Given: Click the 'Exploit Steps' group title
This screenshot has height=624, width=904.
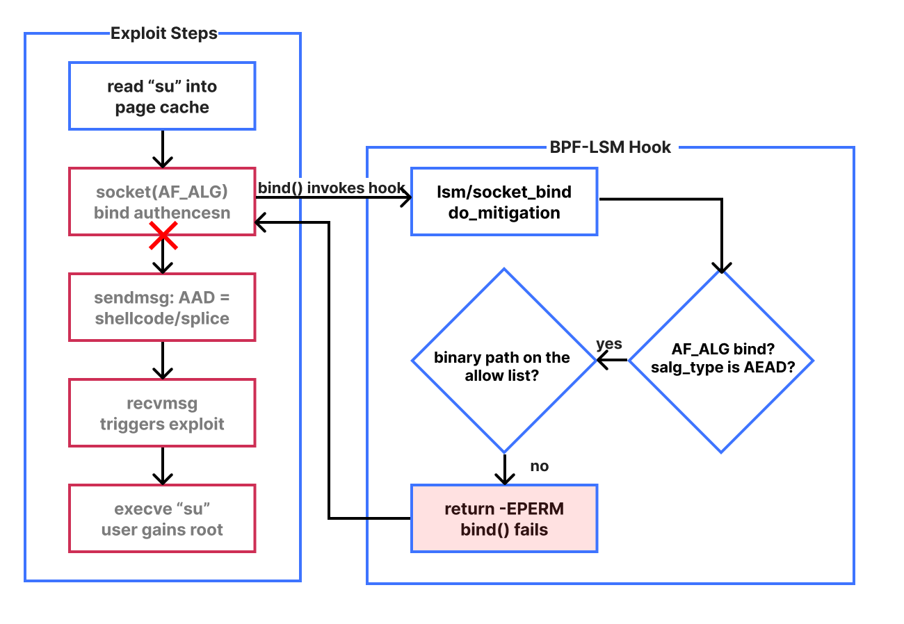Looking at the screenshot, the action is point(164,33).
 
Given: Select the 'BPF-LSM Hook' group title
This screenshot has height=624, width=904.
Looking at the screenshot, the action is point(611,147).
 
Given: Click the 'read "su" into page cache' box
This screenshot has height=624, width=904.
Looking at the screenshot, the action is point(162,96).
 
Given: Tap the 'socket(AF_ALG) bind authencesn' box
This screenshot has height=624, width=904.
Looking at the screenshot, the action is point(162,202).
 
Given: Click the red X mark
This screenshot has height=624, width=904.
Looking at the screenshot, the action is point(163,235).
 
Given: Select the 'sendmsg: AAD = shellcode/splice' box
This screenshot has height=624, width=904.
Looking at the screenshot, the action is point(162,307).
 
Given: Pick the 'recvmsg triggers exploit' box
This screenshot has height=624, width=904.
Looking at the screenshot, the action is point(162,413).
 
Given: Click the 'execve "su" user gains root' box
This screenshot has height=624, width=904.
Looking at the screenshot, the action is point(162,518).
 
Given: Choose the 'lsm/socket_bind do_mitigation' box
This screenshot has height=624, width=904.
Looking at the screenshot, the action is point(504,202).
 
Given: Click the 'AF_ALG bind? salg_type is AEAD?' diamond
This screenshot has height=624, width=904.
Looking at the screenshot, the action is point(722,361).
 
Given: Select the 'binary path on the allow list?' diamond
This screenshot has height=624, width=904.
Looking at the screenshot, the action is point(504,361).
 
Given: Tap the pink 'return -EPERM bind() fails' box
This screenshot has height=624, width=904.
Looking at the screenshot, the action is point(504,518).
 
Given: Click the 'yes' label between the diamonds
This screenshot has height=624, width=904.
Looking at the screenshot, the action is point(609,344).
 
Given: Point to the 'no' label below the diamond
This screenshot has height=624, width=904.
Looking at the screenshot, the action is point(539,466).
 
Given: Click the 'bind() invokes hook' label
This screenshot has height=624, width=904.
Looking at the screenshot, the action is point(331,188).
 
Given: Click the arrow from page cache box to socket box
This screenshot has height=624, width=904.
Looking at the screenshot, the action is point(163,149).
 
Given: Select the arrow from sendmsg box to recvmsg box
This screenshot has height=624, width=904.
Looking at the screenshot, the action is point(163,360).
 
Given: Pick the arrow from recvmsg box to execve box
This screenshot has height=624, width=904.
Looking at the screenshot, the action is point(163,466).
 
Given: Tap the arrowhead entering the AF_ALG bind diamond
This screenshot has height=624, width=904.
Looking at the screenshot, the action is point(722,268).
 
